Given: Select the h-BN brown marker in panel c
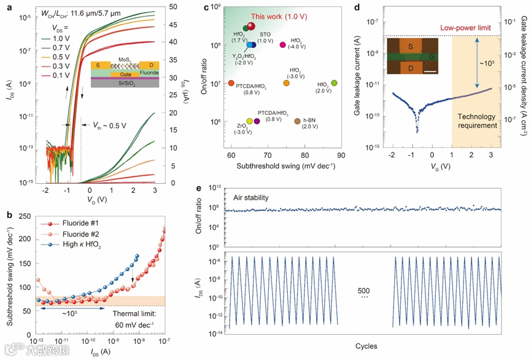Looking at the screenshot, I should [x=298, y=121].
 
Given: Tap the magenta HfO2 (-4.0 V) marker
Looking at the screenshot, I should [x=282, y=45].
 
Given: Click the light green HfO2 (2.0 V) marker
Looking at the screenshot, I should [x=334, y=83].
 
